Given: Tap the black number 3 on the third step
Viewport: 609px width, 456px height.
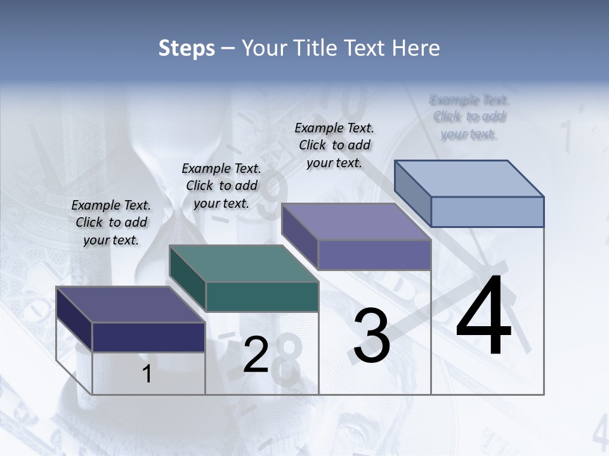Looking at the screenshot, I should point(372,336).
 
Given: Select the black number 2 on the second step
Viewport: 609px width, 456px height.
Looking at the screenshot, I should point(256,355).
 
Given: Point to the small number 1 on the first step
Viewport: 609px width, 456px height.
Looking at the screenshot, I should point(147,374).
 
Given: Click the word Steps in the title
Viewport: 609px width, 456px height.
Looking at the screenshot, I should point(187,47).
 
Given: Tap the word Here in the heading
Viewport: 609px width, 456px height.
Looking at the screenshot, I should point(416,47).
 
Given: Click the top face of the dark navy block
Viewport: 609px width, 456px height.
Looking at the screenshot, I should point(130,305).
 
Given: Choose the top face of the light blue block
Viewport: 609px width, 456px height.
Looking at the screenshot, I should point(469,179).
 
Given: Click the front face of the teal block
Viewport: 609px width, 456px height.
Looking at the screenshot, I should point(262,296).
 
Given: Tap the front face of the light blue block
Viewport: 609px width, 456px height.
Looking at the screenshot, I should point(487,212).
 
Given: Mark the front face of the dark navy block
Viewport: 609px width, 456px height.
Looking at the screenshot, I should point(148,337).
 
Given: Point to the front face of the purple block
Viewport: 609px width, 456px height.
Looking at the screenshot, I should point(374,255).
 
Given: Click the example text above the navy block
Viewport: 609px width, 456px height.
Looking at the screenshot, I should point(111,222).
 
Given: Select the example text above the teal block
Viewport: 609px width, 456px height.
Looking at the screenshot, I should point(221,186).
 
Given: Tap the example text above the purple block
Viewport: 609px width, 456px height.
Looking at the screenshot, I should point(334,145).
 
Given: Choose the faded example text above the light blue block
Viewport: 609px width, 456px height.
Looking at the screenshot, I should point(469,117).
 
